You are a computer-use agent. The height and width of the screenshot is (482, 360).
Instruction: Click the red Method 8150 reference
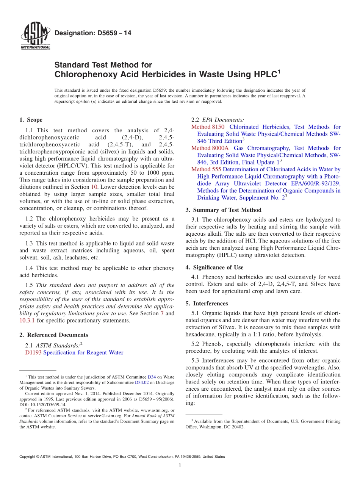[208, 127]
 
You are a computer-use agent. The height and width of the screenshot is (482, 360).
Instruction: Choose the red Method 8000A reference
[210, 148]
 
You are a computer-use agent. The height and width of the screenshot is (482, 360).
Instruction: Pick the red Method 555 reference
[206, 169]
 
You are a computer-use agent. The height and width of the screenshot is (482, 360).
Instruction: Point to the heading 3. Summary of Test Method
[223, 210]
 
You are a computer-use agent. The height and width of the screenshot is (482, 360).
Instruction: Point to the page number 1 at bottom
[180, 465]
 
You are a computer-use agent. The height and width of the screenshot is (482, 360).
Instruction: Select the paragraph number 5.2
[197, 344]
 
